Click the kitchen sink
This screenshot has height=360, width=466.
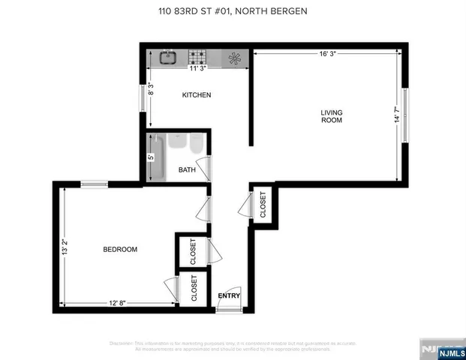[167, 56]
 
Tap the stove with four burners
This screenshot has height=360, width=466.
[198, 56]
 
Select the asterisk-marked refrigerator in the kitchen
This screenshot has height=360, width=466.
[234, 57]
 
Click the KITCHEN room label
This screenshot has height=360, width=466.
[197, 95]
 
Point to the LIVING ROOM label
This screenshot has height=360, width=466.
[331, 116]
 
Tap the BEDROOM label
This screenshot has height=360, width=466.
[120, 249]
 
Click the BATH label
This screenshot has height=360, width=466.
[186, 170]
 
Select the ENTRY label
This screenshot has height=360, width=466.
[229, 295]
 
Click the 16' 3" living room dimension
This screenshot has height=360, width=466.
[326, 53]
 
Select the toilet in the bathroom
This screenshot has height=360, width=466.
[197, 142]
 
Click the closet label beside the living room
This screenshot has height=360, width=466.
[263, 205]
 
